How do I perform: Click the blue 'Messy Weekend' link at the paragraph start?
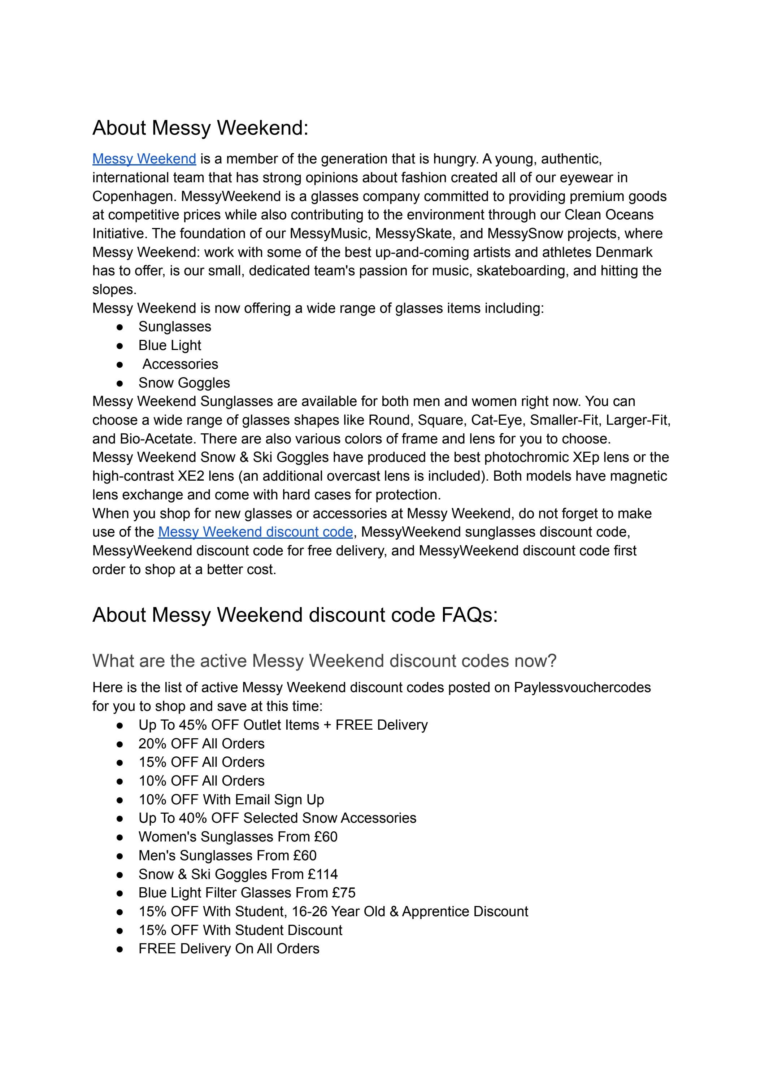[x=144, y=159]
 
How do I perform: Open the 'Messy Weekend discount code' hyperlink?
[x=255, y=532]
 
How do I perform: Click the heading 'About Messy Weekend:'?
[x=200, y=128]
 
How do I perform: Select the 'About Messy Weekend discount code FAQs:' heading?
[x=295, y=615]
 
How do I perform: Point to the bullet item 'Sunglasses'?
[x=175, y=327]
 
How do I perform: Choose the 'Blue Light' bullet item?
[x=170, y=346]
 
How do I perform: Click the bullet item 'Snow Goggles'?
[x=184, y=383]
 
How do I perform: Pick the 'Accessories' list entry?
[x=181, y=364]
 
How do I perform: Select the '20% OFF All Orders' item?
[x=201, y=744]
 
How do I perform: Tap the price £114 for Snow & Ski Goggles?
[x=323, y=874]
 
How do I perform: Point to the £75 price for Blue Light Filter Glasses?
[x=344, y=893]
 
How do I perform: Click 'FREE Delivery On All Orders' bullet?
[x=229, y=949]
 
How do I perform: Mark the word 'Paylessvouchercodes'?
[x=582, y=688]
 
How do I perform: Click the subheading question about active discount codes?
[x=324, y=661]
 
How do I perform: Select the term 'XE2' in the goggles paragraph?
[x=191, y=476]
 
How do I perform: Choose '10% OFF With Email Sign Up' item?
[x=231, y=800]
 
